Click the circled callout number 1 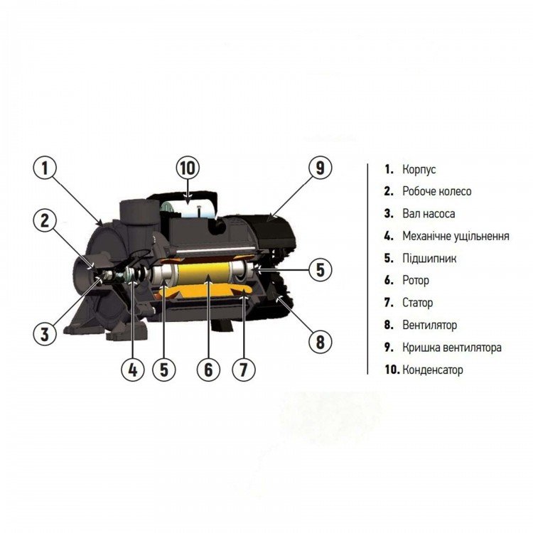45,168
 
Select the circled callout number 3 45,333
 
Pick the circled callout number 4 133,370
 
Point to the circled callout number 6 208,370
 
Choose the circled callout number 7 243,370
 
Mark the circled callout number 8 321,342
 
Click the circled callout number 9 321,168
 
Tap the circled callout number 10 188,168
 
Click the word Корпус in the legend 419,170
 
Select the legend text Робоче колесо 437,191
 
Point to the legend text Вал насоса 429,214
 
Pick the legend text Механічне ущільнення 456,236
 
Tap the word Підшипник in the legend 429,259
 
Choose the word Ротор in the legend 416,281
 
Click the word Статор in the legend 417,303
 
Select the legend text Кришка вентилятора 452,348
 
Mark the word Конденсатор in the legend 433,370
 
